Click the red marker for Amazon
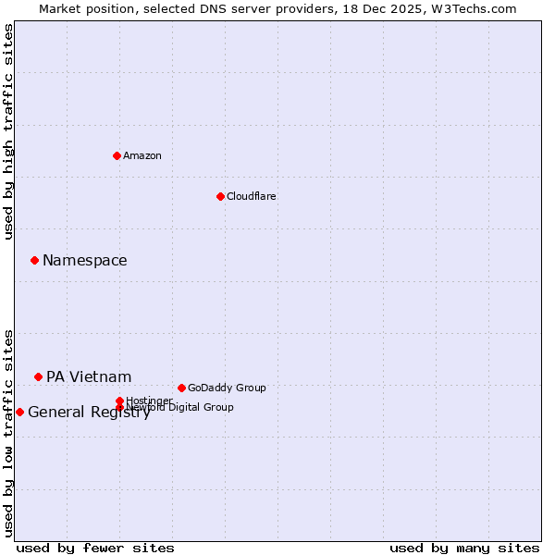click(117, 155)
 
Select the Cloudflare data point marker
click(220, 196)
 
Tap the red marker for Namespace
click(34, 260)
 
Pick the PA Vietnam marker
click(38, 376)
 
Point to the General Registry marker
click(19, 412)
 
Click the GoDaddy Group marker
click(181, 388)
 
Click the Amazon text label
click(142, 155)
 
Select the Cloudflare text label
click(252, 196)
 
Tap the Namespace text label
click(85, 260)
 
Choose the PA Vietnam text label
click(89, 376)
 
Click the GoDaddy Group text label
click(227, 388)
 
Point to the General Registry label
click(89, 413)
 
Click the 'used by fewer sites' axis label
click(95, 548)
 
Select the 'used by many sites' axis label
click(464, 548)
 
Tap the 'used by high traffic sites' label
click(8, 131)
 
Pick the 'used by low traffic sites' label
click(8, 433)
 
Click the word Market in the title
click(59, 8)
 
